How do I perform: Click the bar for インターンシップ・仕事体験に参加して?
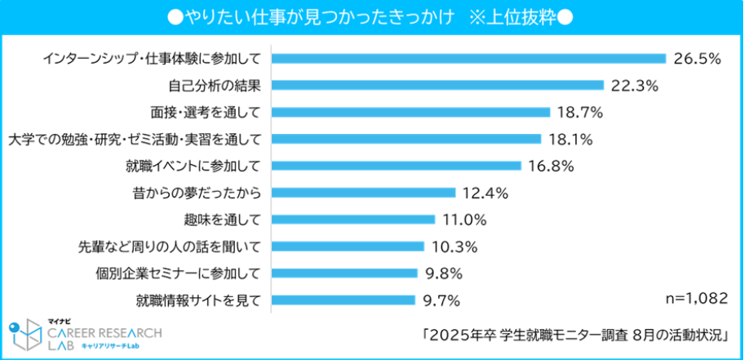pos(469,58)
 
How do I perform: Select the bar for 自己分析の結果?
pos(437,85)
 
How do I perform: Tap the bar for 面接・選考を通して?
pos(410,112)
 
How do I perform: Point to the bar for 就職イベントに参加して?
pos(396,166)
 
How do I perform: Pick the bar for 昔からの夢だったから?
pos(363,193)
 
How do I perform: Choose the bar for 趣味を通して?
pos(352,220)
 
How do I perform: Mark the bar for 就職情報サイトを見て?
pos(343,300)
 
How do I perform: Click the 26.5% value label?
pos(698,58)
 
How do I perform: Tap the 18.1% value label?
pos(569,139)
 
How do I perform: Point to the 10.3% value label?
pos(454,247)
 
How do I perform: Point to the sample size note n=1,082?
pos(696,299)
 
